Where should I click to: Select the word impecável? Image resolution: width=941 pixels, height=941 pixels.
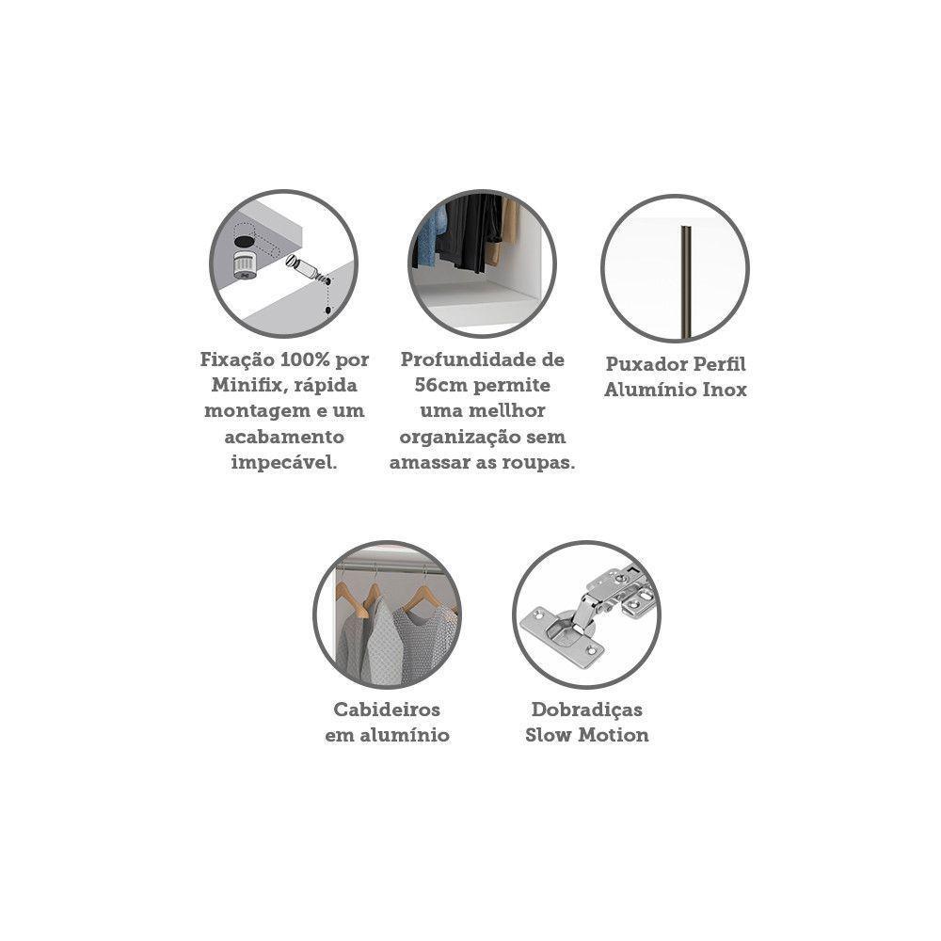click(x=284, y=463)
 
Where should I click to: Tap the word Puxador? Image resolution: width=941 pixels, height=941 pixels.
click(x=646, y=364)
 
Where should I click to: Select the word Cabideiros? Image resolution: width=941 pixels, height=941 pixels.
click(x=387, y=710)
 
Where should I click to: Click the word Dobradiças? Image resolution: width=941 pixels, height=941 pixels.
click(x=587, y=710)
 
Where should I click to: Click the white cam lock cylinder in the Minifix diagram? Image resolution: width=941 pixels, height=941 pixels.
click(x=245, y=264)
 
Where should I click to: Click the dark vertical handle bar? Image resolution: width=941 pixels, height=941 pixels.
click(x=684, y=280)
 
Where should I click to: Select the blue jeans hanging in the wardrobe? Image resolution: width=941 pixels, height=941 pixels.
click(x=431, y=236)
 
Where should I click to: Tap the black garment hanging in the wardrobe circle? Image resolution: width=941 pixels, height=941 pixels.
click(x=469, y=231)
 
